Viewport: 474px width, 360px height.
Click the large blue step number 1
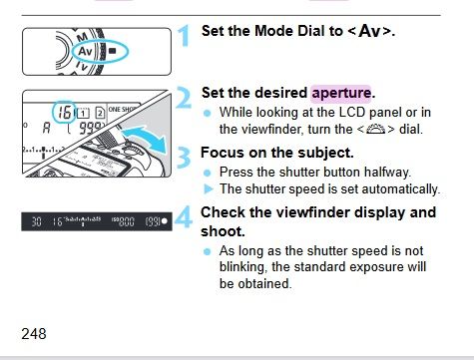coord(184,35)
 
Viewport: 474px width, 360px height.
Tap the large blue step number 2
coord(184,97)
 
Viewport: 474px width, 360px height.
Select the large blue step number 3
coord(184,158)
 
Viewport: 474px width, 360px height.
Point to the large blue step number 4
coord(184,216)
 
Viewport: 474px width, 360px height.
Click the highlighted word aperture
coord(341,94)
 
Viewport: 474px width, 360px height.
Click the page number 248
coord(34,333)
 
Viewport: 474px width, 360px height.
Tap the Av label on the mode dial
coord(85,52)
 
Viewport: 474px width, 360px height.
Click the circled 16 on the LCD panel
coord(65,112)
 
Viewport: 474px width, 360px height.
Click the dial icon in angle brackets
coord(375,129)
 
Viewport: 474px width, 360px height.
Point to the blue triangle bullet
coord(208,189)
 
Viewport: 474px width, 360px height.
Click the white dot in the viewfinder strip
coord(165,221)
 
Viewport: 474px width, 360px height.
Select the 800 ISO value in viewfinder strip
coord(127,221)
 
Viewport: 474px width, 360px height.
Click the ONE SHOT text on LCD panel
coord(122,110)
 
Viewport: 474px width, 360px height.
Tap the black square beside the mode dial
coord(113,51)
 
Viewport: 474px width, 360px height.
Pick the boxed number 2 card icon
coord(100,113)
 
